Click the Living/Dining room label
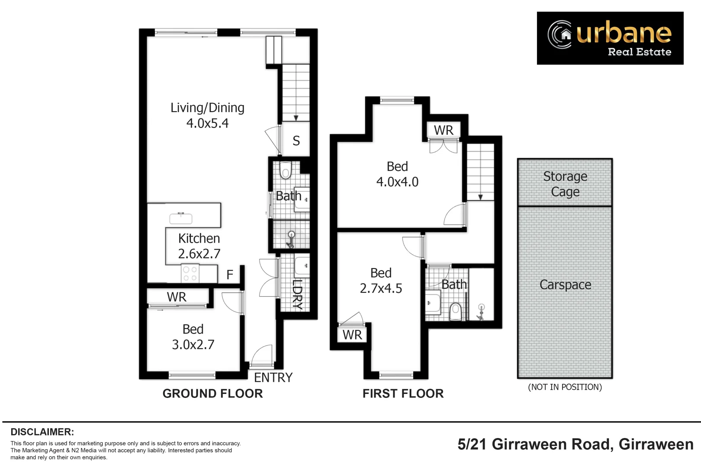coord(207,108)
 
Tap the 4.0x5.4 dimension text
coord(207,123)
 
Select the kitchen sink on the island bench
coord(181,218)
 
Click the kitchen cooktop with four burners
coord(190,274)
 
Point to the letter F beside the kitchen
coord(230,275)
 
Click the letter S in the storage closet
coord(296,141)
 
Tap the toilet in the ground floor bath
coord(286,170)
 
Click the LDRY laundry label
coord(297,294)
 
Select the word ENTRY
coord(273,377)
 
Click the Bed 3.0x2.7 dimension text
coord(193,345)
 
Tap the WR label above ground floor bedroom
coord(177,297)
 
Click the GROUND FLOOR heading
coord(212,393)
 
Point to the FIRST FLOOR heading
coord(403,393)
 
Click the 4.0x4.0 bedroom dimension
coord(397,182)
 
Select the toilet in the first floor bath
coord(455,311)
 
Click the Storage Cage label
coord(565,184)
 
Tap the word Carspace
coord(565,285)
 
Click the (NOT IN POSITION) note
coord(565,387)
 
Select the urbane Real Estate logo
coord(610,38)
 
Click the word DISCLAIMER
coord(42,432)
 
